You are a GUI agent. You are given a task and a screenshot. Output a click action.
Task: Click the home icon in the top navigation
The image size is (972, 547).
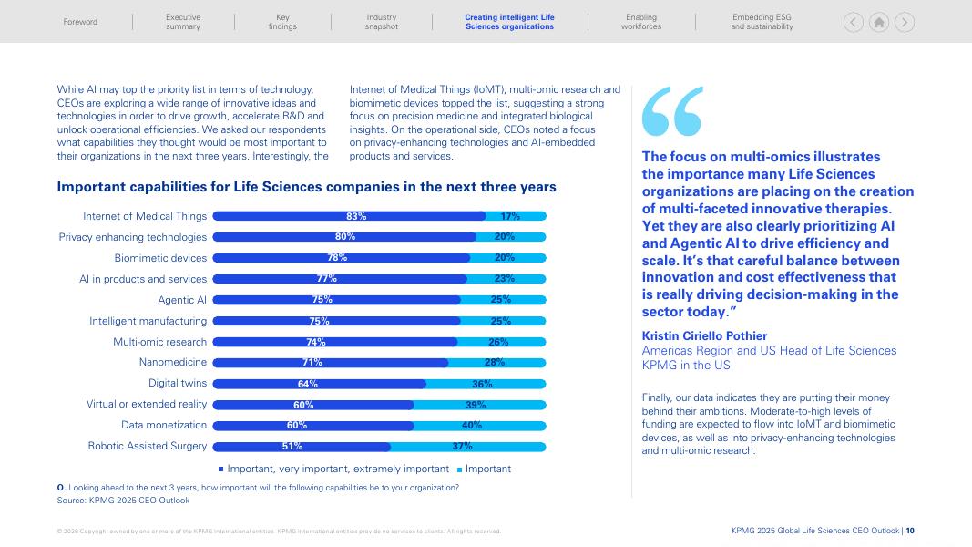(x=879, y=23)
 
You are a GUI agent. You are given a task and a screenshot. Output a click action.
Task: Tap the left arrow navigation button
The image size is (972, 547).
(x=854, y=23)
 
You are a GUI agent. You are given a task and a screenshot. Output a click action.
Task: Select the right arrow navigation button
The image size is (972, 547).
(x=905, y=23)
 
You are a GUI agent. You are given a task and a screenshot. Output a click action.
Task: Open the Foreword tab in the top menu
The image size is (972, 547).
(x=80, y=22)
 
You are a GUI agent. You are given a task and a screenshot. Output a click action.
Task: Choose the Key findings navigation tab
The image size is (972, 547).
(x=282, y=22)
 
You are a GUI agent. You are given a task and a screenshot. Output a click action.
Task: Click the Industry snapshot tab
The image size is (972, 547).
(x=382, y=22)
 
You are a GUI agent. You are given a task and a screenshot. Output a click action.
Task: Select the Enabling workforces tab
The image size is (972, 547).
(x=641, y=22)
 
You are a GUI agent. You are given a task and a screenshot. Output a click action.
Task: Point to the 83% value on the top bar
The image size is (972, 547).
(x=356, y=216)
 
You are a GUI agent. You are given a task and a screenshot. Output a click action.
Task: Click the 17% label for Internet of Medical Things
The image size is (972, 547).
(x=510, y=216)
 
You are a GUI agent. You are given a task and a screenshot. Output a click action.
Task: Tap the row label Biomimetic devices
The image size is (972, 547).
(x=160, y=258)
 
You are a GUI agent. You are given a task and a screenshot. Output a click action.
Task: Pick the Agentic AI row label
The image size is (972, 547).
(x=182, y=300)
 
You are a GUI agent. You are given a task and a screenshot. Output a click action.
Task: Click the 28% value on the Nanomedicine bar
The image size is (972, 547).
(x=495, y=362)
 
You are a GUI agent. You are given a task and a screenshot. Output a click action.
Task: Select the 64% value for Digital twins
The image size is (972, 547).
(x=308, y=384)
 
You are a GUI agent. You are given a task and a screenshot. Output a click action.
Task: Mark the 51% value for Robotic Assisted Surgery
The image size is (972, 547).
(x=292, y=446)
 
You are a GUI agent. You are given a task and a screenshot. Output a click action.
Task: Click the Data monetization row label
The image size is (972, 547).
(x=164, y=425)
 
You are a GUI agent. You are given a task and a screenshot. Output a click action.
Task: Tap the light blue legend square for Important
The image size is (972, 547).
(x=460, y=470)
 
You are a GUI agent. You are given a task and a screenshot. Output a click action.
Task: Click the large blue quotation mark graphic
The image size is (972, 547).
(x=672, y=111)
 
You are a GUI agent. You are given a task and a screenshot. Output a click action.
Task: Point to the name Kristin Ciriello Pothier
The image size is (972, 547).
(x=704, y=335)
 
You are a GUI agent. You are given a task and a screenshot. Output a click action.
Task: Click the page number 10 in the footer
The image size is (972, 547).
(x=910, y=531)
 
